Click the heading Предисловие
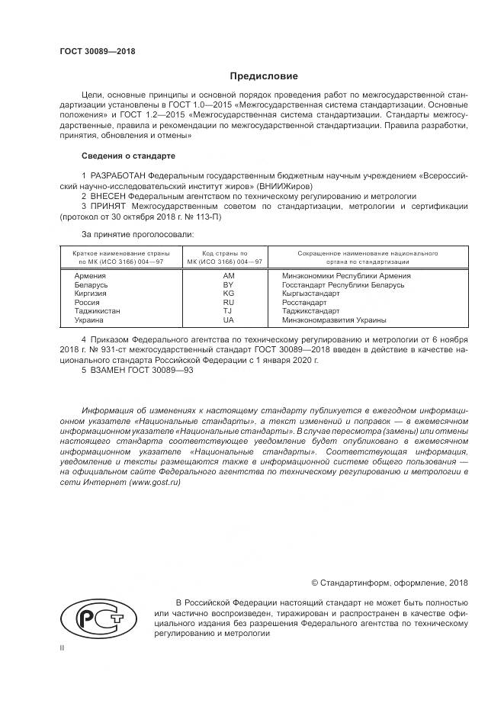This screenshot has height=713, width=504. click(x=264, y=76)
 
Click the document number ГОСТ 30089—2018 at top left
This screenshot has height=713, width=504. click(x=97, y=51)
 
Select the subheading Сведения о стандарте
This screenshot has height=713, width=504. click(x=128, y=156)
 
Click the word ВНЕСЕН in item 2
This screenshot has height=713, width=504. click(x=112, y=196)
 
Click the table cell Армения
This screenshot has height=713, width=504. click(x=89, y=275)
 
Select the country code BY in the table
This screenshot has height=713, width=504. click(x=228, y=284)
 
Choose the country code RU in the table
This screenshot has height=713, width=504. click(x=228, y=302)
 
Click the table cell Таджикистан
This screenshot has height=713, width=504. click(x=97, y=311)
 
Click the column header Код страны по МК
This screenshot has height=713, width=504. click(x=225, y=256)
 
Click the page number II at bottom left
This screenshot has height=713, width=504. click(x=63, y=647)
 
